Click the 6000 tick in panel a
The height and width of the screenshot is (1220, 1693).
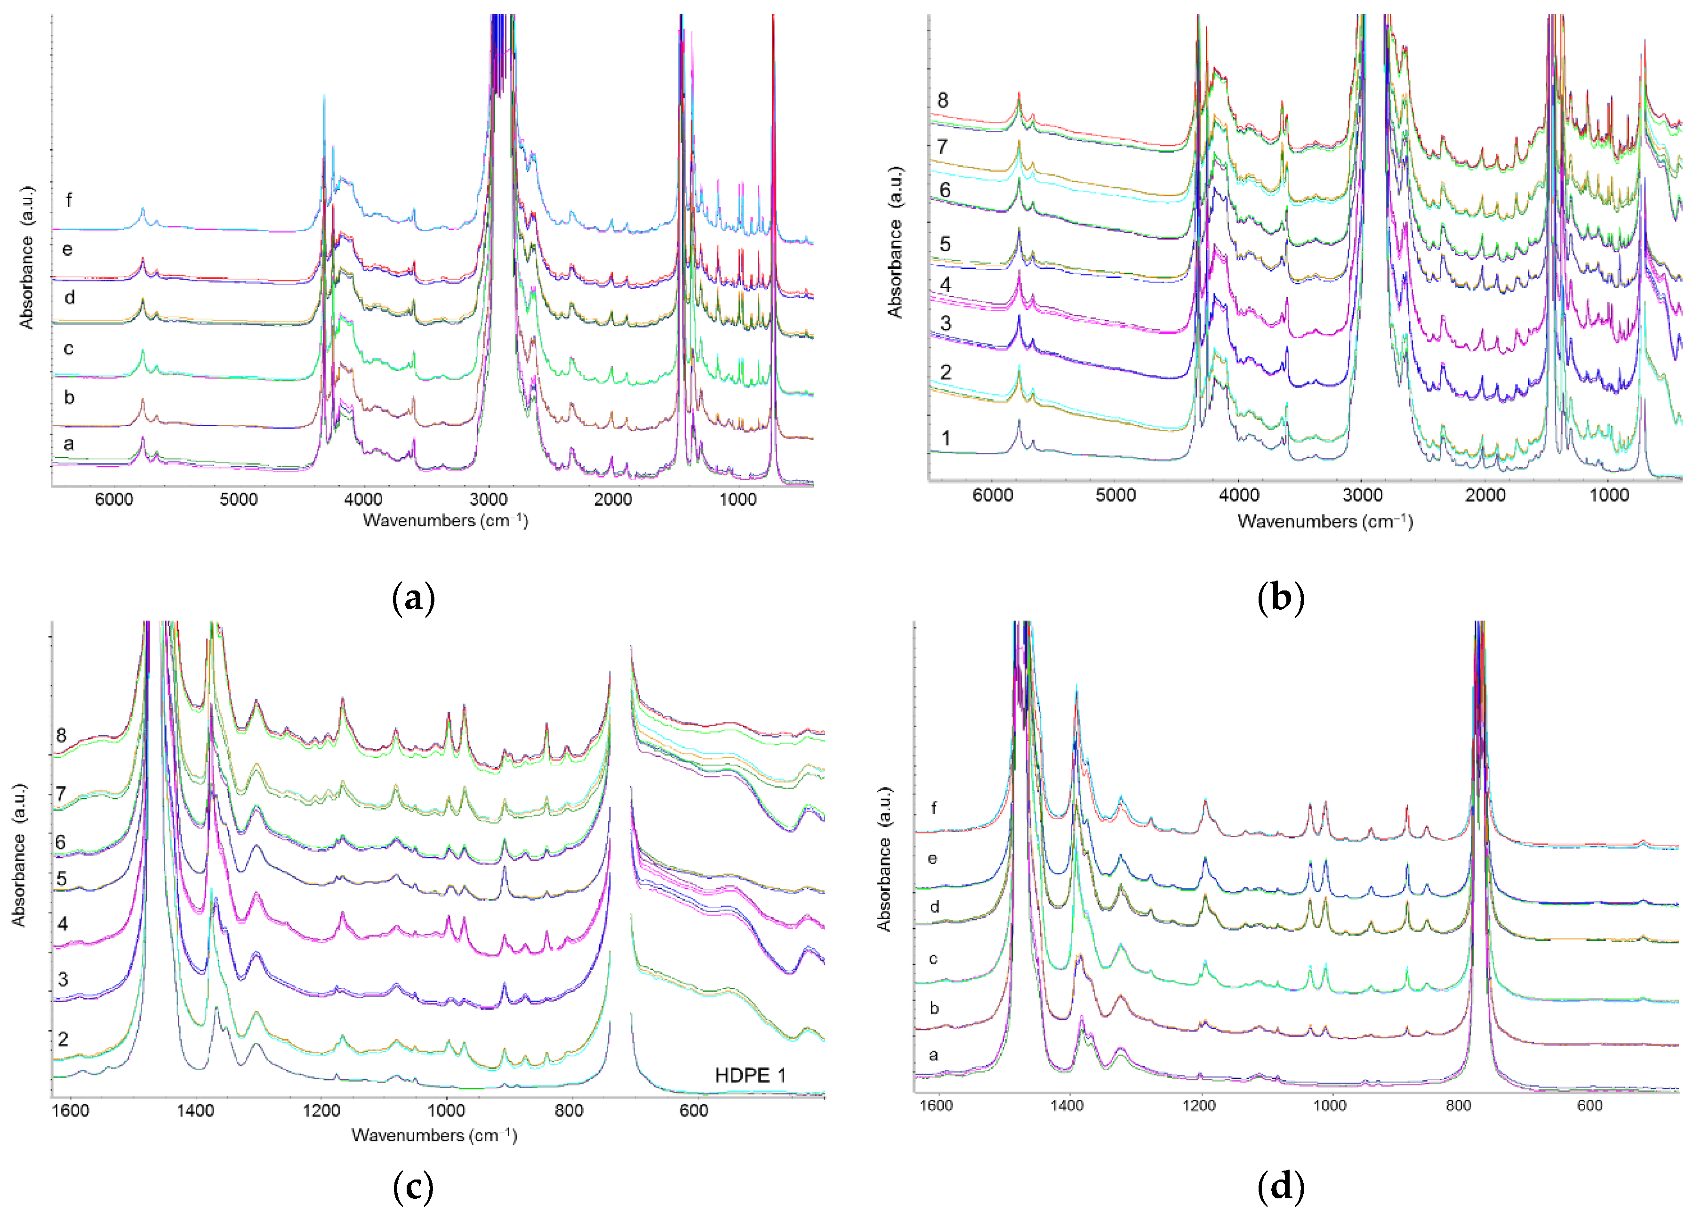tap(114, 500)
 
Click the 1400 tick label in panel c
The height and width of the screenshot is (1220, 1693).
tap(196, 1111)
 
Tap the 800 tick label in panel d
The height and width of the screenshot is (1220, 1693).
tap(1458, 1106)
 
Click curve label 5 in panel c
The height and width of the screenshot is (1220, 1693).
tap(62, 879)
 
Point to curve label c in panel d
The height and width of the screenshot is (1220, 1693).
tap(933, 959)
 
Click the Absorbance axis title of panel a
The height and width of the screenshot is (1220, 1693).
tap(27, 258)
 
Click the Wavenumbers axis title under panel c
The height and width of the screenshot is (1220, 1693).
tap(433, 1136)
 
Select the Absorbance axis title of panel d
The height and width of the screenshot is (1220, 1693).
tap(884, 859)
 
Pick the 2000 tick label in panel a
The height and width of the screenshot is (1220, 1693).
tap(612, 500)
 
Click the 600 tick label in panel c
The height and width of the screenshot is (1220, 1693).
tap(693, 1111)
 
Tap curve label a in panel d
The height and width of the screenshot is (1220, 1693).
tap(933, 1055)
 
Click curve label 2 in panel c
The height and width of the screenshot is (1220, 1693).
tap(63, 1039)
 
